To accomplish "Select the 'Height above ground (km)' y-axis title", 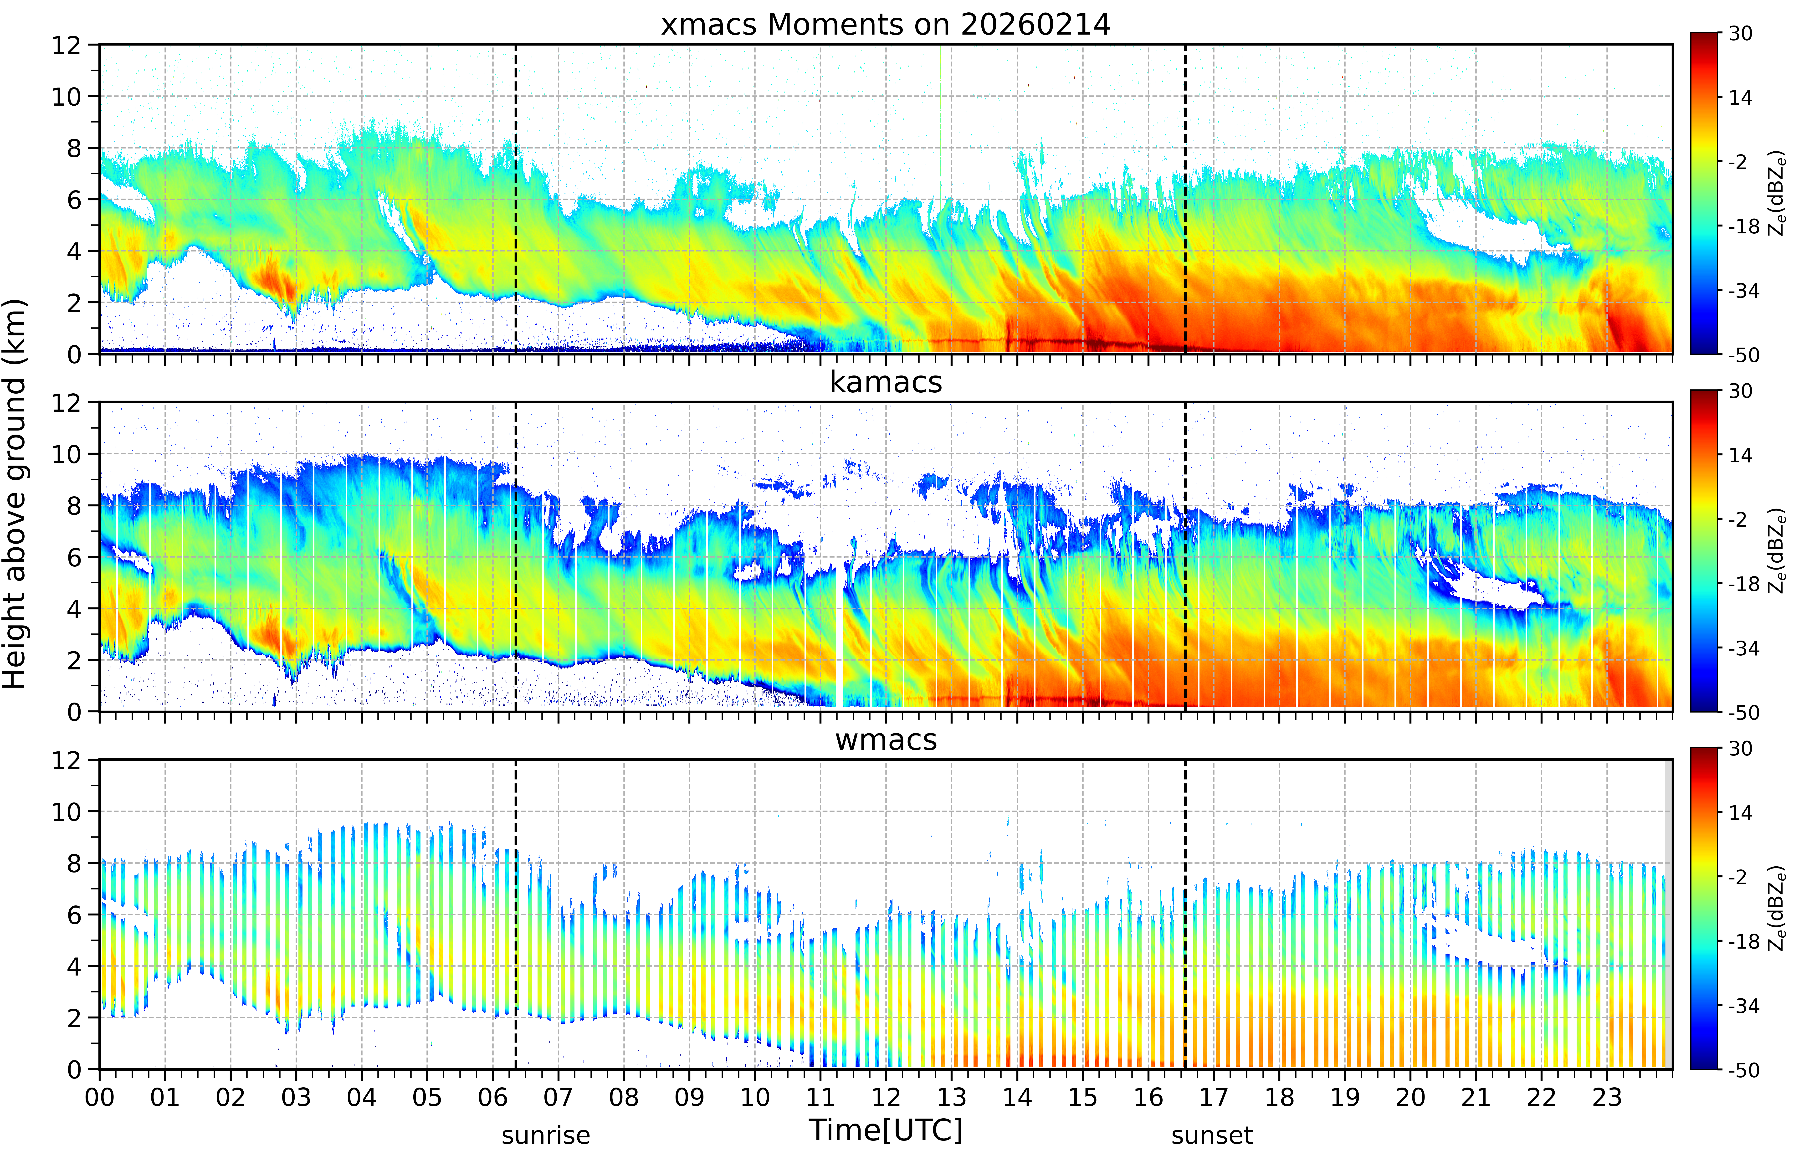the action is pyautogui.click(x=15, y=494).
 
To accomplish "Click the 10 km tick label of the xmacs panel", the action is pyautogui.click(x=66, y=97).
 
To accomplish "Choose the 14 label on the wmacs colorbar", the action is pyautogui.click(x=1741, y=813).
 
